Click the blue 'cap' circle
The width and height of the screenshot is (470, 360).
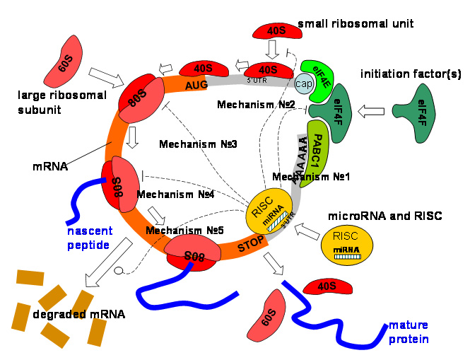[x=304, y=83]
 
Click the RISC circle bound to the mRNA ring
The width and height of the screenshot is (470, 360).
[x=267, y=213]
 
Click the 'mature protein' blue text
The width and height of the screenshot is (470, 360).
[x=409, y=332]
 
